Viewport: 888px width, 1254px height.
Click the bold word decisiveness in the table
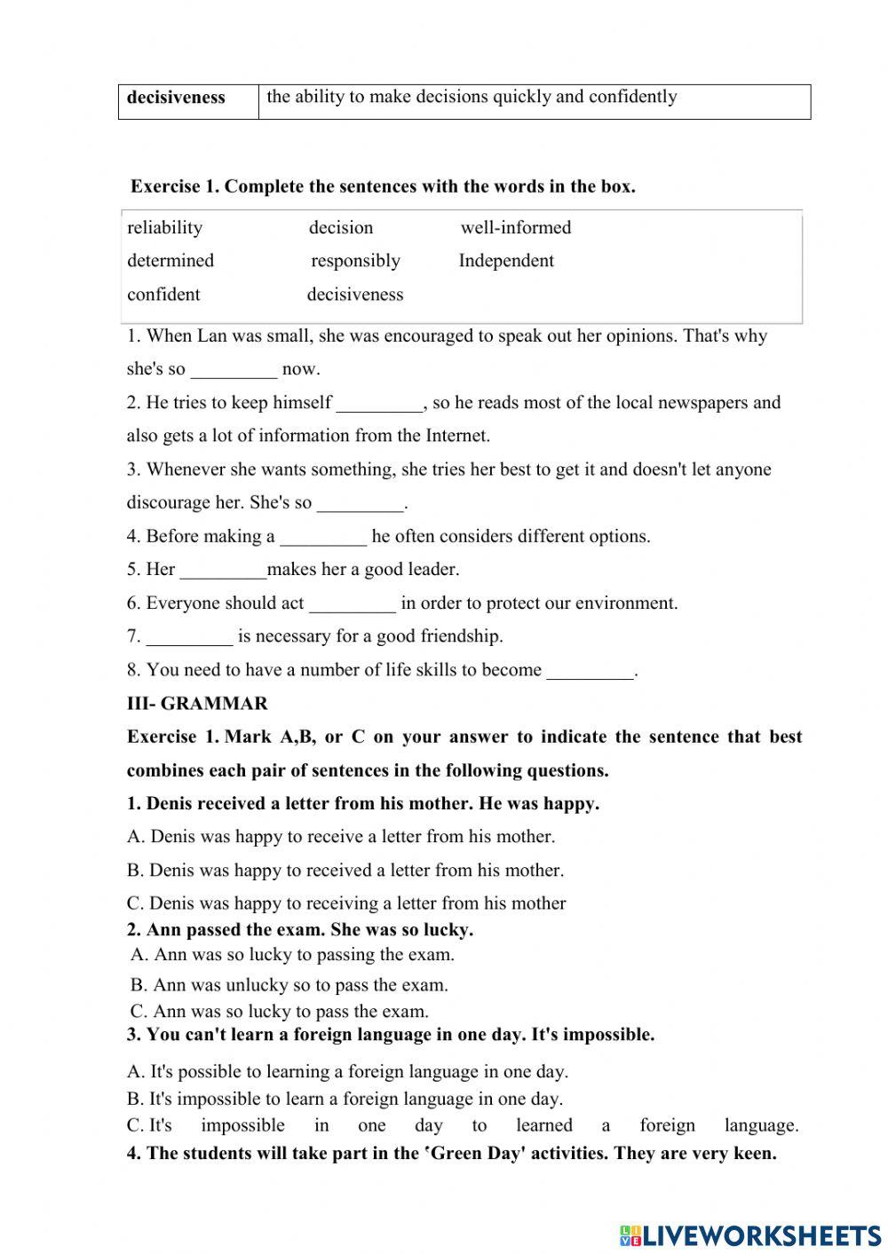click(176, 98)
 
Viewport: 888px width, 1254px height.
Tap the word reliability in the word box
click(164, 227)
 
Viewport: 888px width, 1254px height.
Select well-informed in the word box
click(515, 227)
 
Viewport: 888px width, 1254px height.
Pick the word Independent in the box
click(505, 261)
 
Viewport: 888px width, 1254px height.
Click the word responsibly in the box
click(355, 261)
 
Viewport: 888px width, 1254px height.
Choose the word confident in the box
click(163, 295)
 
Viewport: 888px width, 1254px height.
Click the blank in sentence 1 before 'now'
click(234, 370)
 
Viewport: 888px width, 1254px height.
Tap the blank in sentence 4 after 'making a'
click(323, 537)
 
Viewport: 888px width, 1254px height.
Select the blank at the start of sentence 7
click(189, 637)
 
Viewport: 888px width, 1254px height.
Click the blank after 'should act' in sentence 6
click(353, 604)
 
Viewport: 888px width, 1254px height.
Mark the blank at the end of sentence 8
click(591, 671)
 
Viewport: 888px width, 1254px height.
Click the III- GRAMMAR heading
click(197, 704)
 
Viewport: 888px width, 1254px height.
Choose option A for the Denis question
click(341, 837)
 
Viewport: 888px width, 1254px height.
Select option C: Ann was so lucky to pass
click(280, 1012)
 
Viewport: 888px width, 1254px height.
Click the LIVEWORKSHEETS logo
click(750, 1234)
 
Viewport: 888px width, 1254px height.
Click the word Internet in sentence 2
click(456, 436)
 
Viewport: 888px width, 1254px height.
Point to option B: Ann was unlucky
click(289, 985)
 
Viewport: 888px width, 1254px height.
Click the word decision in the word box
click(341, 227)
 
